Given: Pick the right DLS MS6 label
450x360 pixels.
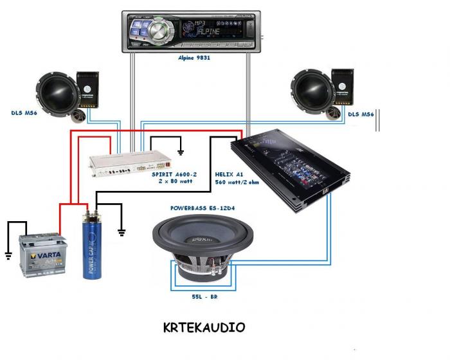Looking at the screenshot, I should (361, 114).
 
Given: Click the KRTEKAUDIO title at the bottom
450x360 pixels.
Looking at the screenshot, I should (204, 328).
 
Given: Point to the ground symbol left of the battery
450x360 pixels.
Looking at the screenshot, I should (8, 256).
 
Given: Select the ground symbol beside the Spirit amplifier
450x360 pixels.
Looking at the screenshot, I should (181, 153).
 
